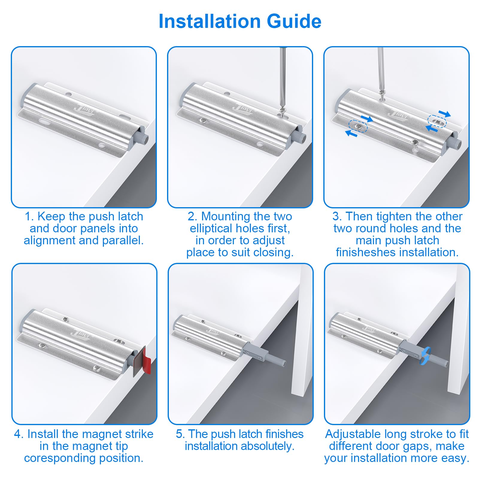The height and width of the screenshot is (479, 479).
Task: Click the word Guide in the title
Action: (294, 22)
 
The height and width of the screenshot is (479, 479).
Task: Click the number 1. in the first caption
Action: (29, 216)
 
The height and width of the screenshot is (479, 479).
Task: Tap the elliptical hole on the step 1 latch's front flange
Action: (44, 122)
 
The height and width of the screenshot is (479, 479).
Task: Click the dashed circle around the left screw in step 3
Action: (358, 126)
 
